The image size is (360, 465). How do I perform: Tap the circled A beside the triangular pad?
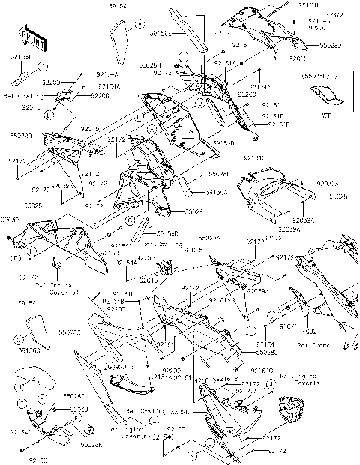139,25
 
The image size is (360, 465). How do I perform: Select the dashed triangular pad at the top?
118,37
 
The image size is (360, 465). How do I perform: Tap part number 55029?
193,212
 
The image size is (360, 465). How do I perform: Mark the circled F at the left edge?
16,256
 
